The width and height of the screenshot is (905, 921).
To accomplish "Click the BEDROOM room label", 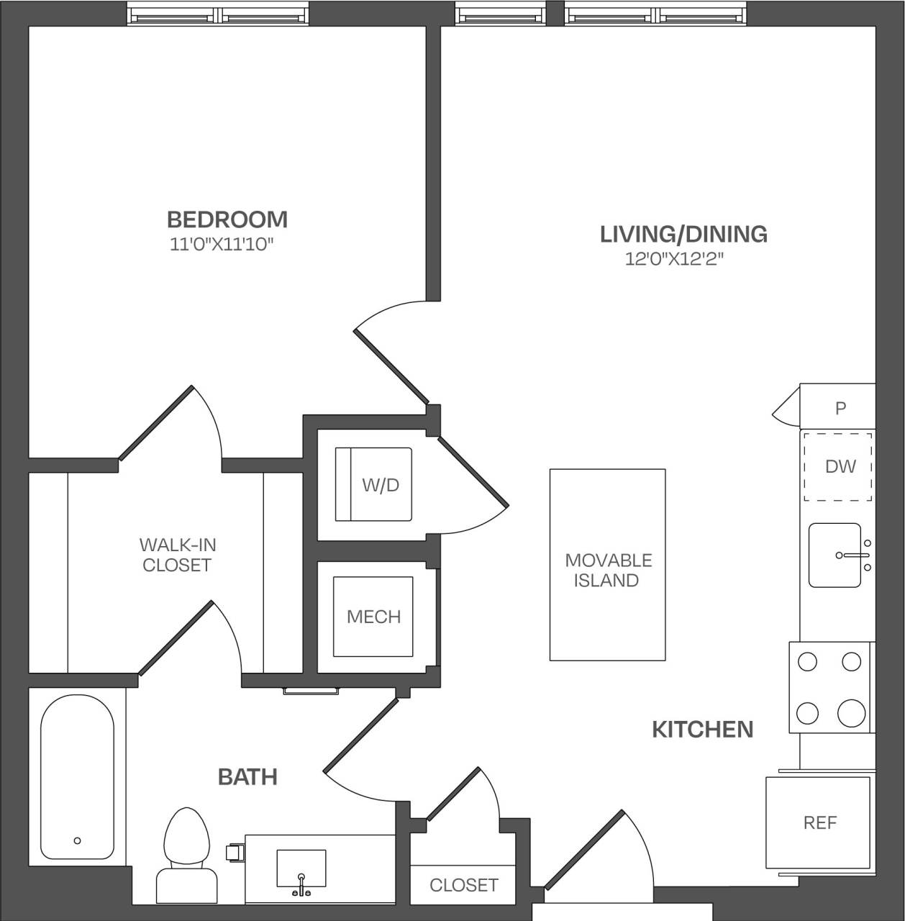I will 227,219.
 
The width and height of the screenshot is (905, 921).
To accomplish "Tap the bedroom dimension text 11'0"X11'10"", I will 222,245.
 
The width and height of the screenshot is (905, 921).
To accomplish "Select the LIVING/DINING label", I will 683,234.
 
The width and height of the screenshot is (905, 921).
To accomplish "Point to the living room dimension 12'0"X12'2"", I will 673,259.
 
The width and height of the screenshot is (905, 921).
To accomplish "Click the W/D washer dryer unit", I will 373,484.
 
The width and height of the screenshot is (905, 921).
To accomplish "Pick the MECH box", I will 373,617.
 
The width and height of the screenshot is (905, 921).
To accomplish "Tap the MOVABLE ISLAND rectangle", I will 607,565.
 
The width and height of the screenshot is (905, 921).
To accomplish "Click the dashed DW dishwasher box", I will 839,466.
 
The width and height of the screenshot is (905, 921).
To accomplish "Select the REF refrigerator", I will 819,822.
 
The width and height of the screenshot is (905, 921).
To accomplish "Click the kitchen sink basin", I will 834,555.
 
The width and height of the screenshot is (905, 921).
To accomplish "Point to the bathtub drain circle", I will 77,840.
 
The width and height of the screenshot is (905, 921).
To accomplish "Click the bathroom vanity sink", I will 301,869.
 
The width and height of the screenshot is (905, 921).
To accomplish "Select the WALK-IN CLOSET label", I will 176,555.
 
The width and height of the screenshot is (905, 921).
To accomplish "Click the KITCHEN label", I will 702,729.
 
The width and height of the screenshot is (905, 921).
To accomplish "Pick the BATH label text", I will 247,776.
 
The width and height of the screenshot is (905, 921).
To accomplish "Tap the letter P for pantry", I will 840,409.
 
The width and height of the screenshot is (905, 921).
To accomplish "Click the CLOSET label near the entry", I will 463,884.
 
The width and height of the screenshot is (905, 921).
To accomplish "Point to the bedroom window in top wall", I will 218,14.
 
